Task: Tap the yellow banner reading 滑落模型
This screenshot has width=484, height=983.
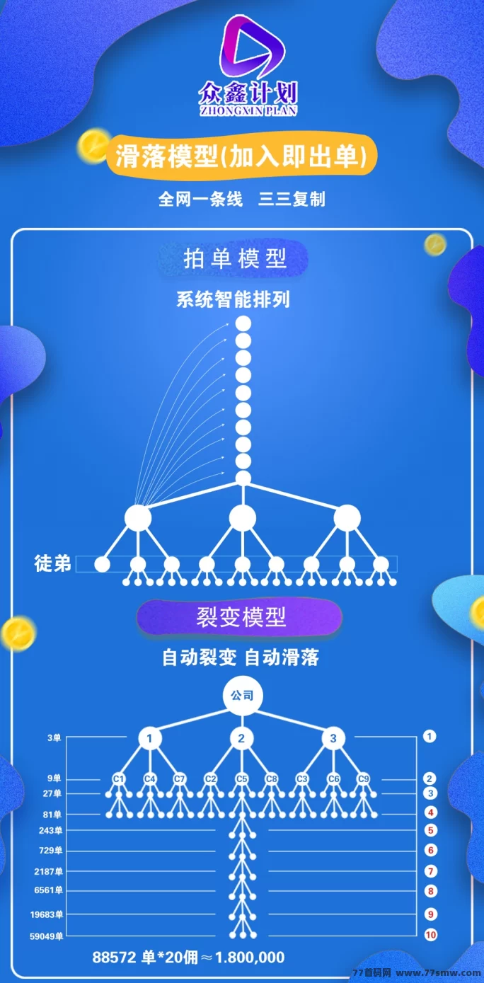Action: (x=241, y=156)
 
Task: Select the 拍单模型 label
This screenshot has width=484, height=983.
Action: (x=234, y=259)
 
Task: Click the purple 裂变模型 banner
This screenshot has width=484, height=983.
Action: (x=240, y=617)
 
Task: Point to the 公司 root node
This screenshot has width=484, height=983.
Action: (x=243, y=696)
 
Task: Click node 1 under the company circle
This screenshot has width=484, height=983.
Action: (x=150, y=738)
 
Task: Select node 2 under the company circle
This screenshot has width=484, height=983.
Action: (x=241, y=738)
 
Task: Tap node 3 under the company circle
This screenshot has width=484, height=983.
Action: (x=333, y=738)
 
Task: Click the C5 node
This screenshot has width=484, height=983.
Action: (x=241, y=778)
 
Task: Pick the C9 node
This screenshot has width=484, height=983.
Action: (x=363, y=778)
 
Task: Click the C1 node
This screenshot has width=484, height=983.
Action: (x=119, y=778)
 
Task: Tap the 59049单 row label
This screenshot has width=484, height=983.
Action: (x=47, y=936)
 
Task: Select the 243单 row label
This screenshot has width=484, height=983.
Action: (x=50, y=830)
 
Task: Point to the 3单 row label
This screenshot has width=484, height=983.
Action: (x=54, y=737)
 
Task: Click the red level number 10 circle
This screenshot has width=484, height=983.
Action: (x=430, y=935)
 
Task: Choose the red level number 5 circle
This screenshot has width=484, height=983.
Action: (x=430, y=830)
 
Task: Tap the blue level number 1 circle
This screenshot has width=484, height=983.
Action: (x=430, y=736)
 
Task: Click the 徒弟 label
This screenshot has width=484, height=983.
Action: (x=52, y=563)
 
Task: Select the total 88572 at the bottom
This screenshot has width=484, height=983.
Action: (x=114, y=957)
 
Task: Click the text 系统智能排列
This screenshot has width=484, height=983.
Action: (x=233, y=300)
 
